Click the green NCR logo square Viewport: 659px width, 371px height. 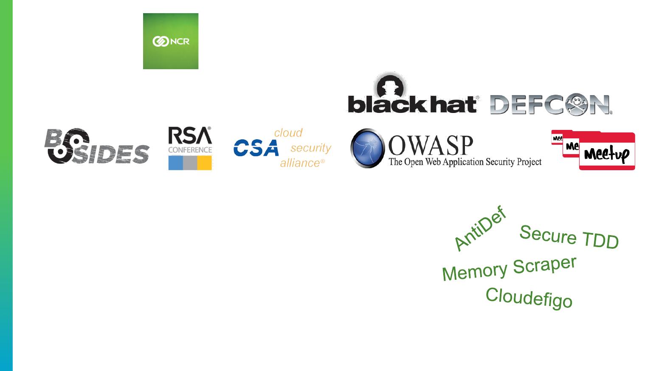pos(171,41)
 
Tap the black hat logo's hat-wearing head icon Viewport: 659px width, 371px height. pos(390,85)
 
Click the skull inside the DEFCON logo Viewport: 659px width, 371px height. pos(576,104)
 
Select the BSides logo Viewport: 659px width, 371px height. pos(97,146)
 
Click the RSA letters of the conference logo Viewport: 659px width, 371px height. pos(190,136)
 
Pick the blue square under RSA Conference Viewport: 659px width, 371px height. pos(176,163)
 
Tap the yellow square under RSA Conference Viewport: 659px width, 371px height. pos(205,163)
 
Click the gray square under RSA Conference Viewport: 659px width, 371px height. pos(190,163)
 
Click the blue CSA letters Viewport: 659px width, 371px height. pos(256,148)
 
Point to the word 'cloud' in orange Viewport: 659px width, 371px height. pos(288,133)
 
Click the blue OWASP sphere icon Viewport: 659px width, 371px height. pos(367,148)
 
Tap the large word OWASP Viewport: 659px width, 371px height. pos(431,145)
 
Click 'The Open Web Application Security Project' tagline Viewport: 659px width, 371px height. pos(465,162)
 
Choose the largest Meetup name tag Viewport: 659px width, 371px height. pos(607,151)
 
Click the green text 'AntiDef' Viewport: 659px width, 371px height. pos(480,228)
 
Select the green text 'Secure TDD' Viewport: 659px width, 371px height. pos(569,237)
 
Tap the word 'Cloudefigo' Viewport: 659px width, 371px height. pos(529,298)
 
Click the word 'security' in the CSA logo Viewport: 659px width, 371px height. pos(311,148)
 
